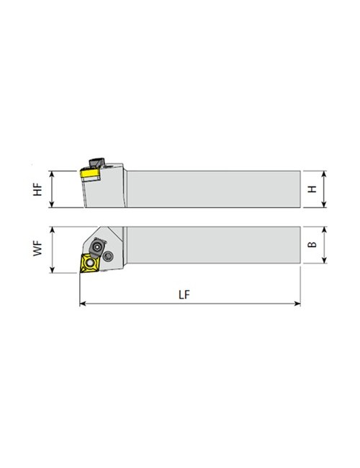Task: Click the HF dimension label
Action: pos(40,189)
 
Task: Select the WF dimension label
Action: pos(40,251)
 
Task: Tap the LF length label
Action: pos(189,295)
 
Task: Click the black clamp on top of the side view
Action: pos(94,163)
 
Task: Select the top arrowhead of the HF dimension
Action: pos(51,173)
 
